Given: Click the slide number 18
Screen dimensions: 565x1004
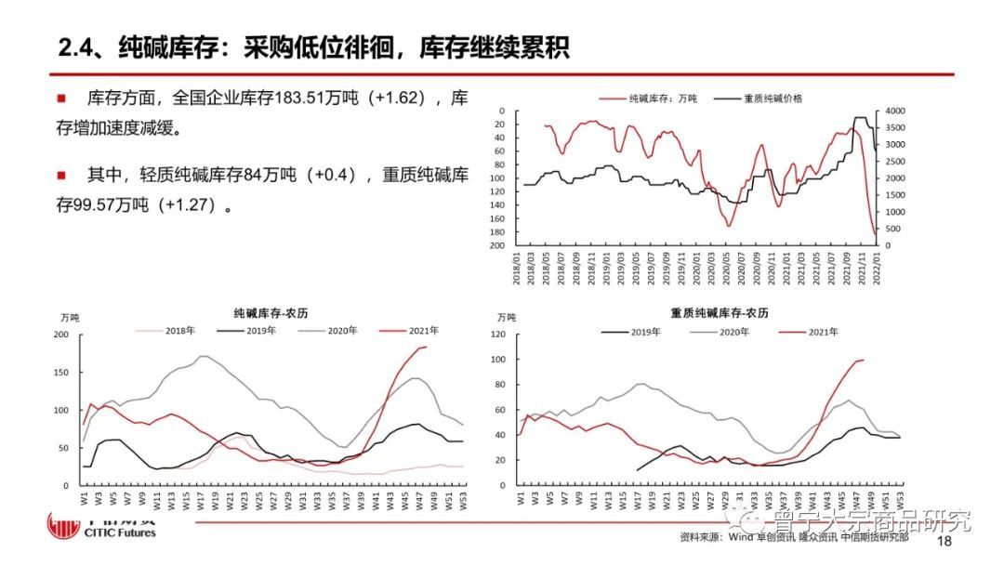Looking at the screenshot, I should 945,541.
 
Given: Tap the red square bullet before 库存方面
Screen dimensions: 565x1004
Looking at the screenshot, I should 61,98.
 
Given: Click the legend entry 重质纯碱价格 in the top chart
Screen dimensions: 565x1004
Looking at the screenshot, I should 772,98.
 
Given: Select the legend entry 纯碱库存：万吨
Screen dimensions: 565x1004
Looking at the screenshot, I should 663,98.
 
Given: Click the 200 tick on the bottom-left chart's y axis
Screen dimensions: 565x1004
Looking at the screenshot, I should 60,335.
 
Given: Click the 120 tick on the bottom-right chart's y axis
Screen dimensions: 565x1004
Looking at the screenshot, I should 503,335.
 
